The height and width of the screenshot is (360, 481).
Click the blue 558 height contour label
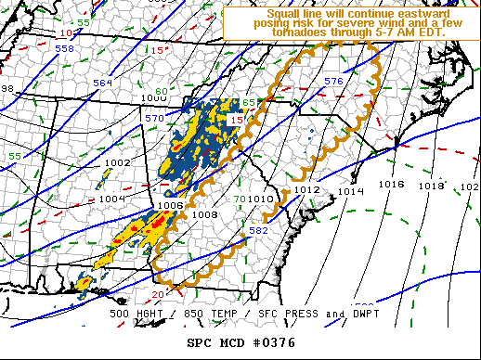(x=64, y=48)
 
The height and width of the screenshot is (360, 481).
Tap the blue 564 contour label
(x=103, y=84)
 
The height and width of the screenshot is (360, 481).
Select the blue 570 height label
(x=153, y=119)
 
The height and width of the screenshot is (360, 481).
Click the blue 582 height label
(x=259, y=230)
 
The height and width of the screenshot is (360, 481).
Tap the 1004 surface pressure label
(x=110, y=198)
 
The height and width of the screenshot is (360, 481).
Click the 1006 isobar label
(x=170, y=206)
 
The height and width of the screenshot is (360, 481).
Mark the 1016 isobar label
(x=392, y=185)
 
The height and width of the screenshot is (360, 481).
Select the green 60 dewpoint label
(x=161, y=91)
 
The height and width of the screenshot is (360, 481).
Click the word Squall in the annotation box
(x=283, y=14)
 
